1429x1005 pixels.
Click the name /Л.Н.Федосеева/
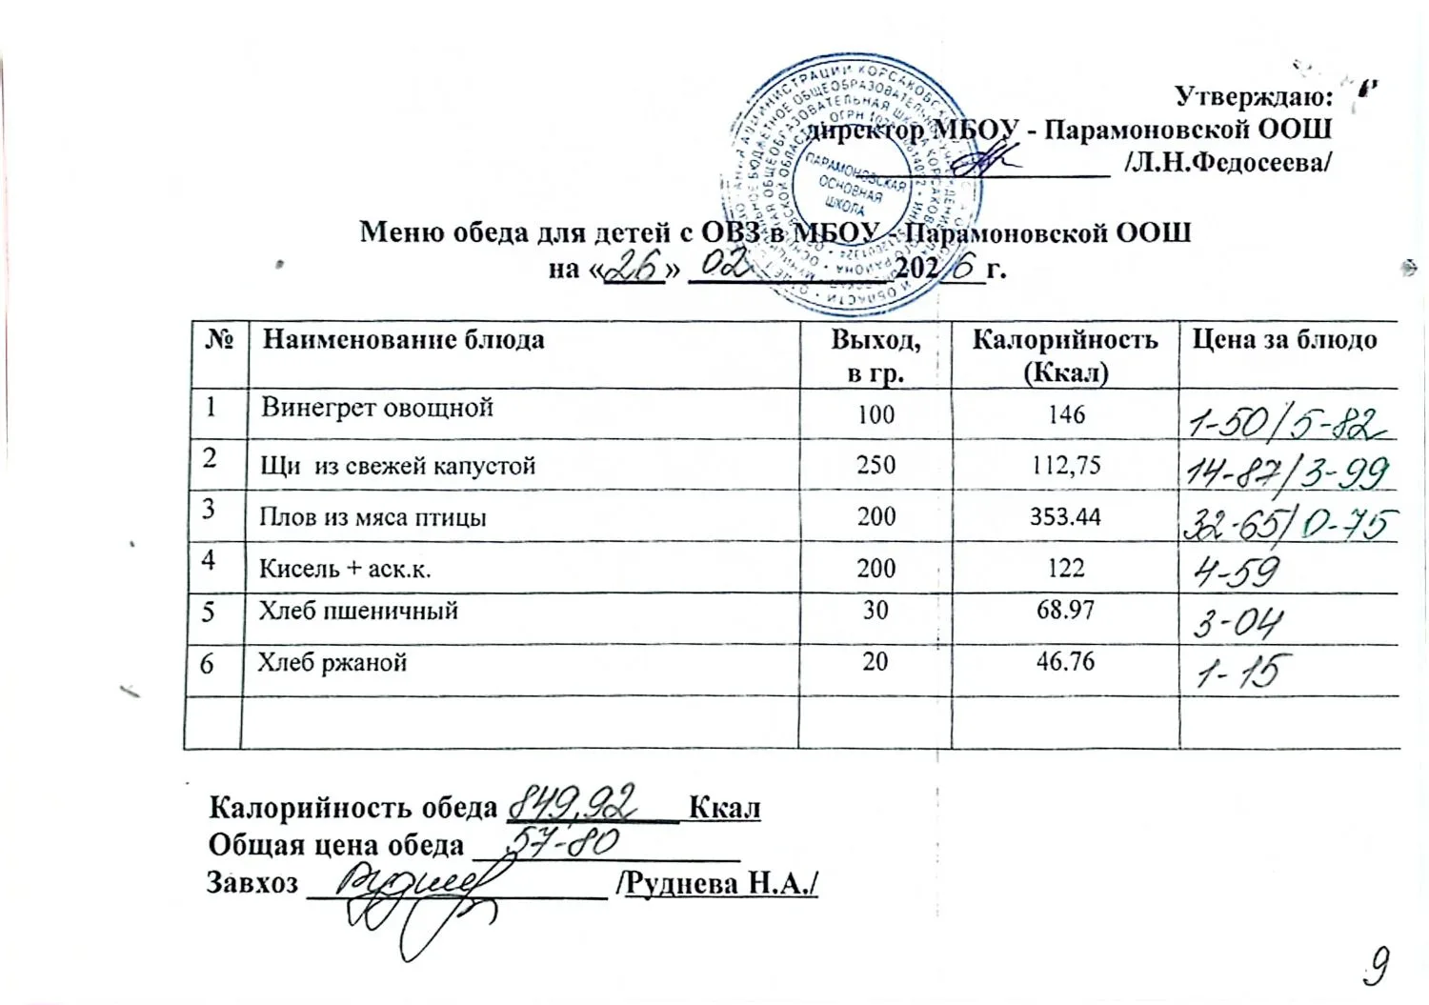pos(1227,162)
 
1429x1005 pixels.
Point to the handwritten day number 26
pos(634,267)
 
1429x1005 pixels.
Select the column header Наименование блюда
pos(403,340)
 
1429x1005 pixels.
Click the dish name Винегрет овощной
pos(377,408)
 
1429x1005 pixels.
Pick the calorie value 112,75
pos(1065,464)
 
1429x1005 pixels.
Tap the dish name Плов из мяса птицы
pos(372,517)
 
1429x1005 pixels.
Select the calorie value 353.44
pos(1065,516)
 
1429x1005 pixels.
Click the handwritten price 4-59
pos(1233,571)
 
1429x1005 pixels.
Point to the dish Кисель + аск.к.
pos(345,569)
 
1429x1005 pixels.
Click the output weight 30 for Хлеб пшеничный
pos(875,610)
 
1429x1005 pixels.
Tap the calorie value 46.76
pos(1065,661)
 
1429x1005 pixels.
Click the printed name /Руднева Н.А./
pos(718,883)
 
